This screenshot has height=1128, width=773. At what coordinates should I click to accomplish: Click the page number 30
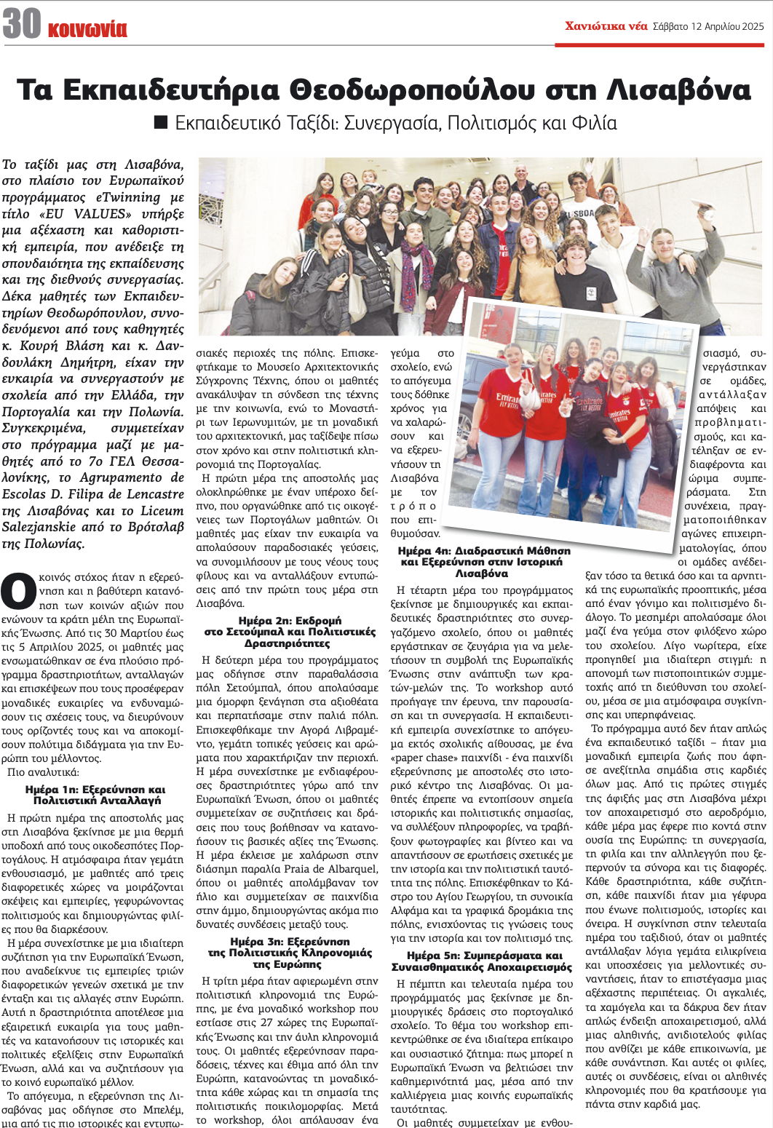(22, 23)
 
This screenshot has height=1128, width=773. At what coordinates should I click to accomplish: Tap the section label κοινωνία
(87, 29)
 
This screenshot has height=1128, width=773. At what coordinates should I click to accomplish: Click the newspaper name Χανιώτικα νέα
(606, 26)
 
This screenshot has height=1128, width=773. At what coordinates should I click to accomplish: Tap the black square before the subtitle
(162, 122)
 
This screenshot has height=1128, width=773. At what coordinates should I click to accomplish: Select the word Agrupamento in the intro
(118, 478)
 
